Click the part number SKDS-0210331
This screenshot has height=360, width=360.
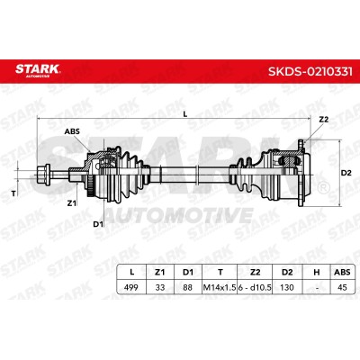point(310,72)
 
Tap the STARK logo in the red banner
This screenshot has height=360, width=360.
point(38,70)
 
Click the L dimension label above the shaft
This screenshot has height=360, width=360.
point(185,114)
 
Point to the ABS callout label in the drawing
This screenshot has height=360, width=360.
point(72,131)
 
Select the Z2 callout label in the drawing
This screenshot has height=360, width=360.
point(324,120)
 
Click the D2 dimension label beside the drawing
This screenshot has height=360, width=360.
point(346,173)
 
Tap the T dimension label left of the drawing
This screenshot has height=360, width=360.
point(13,193)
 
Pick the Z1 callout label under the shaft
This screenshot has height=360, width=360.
point(71,203)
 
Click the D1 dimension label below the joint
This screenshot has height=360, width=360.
point(98,224)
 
